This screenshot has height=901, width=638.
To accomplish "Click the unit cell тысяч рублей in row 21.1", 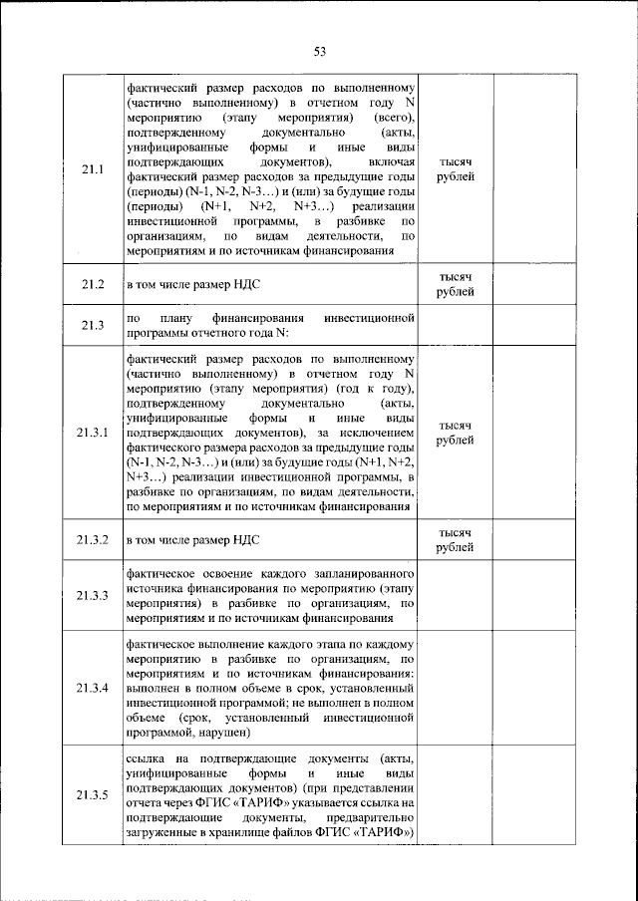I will click(456, 168).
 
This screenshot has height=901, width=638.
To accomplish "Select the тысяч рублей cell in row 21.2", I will click(456, 284).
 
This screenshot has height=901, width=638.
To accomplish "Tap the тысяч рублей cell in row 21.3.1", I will click(456, 433).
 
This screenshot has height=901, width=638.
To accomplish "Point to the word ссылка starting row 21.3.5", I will click(148, 761).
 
